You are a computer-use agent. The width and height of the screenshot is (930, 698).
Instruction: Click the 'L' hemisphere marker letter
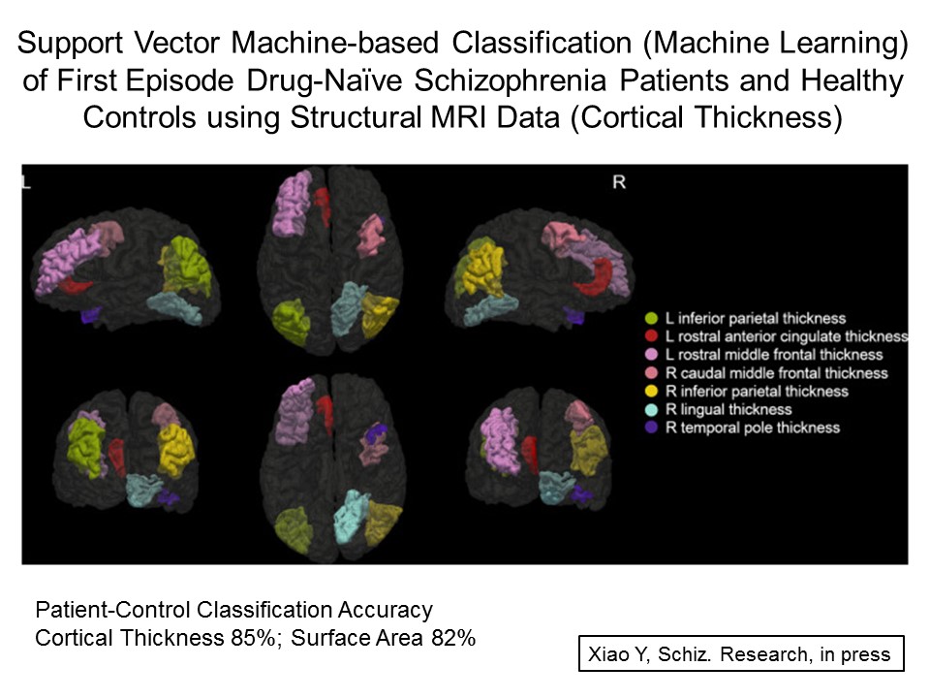(26, 181)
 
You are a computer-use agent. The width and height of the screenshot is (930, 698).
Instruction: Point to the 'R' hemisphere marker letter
(619, 181)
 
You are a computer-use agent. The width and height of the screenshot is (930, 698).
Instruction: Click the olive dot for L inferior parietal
(652, 318)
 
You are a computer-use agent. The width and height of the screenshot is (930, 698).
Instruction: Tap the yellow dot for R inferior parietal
(652, 392)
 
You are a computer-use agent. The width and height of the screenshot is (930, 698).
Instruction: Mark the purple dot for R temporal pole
(652, 428)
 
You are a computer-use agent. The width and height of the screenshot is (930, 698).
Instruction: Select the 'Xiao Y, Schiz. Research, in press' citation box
(739, 653)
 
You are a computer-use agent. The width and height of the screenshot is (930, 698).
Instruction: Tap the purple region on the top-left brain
(90, 314)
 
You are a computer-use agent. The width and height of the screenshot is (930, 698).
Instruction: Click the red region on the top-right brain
(595, 276)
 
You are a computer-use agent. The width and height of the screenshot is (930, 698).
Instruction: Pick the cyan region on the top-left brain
(174, 306)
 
